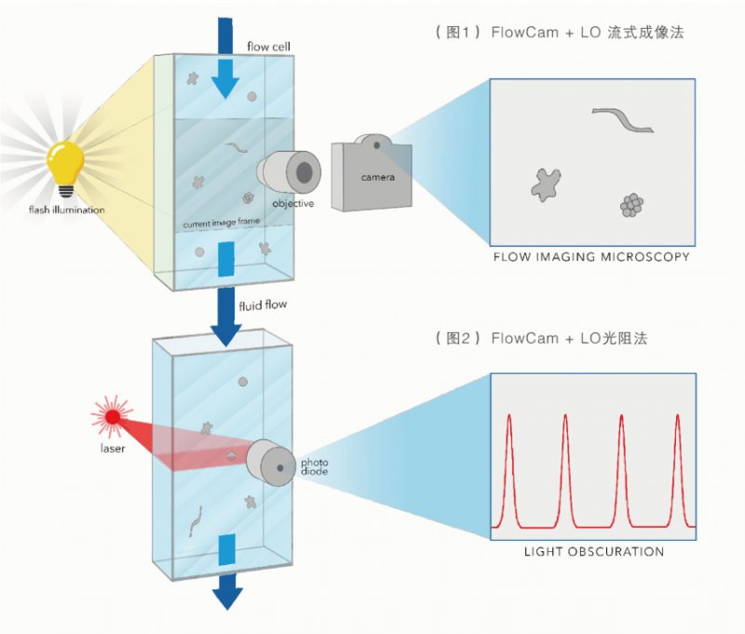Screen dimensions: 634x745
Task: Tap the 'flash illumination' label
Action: [x=66, y=209]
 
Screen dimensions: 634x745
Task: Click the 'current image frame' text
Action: [x=221, y=221]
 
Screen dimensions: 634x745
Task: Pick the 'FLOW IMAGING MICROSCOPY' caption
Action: [x=591, y=256]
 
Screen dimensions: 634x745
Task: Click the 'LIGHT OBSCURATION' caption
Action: [x=593, y=552]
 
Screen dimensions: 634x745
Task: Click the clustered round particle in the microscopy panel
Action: [x=631, y=205]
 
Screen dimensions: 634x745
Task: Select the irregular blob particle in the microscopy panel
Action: [x=548, y=183]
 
